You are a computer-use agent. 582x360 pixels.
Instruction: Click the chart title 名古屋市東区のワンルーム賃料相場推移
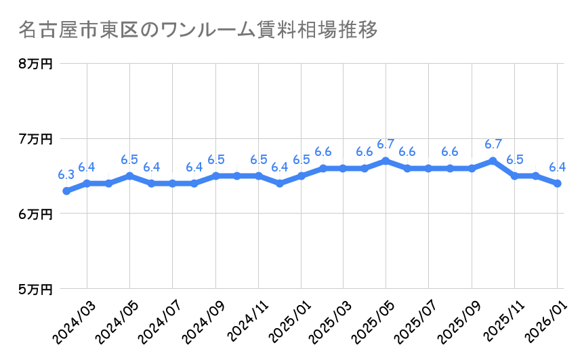pos(196,31)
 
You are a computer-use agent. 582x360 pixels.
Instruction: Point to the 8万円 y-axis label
pos(35,64)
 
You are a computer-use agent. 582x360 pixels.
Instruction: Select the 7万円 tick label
pos(35,139)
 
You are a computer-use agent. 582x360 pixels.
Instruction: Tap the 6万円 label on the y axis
pos(35,214)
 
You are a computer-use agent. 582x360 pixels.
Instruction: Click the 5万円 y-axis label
pos(35,289)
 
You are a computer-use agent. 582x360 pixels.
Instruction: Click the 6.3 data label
pos(66,175)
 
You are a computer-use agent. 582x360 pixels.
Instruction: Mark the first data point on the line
pos(66,191)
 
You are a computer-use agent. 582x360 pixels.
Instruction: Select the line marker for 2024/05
pos(130,176)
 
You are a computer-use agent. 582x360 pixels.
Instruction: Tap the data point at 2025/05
pos(386,161)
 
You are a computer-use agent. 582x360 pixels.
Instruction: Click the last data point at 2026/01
pos(557,183)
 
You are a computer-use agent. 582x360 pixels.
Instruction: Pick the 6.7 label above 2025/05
pos(386,144)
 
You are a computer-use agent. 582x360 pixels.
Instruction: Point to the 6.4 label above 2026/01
pos(557,167)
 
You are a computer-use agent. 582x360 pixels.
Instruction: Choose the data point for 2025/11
pos(514,176)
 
